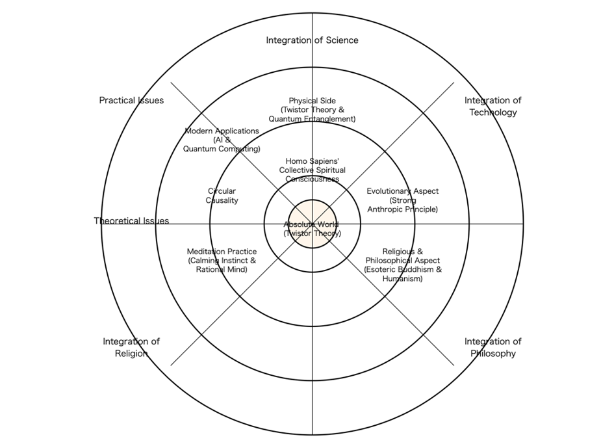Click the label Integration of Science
(x=312, y=40)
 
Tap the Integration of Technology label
(x=492, y=106)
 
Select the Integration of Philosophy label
(x=492, y=347)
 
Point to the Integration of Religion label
(x=131, y=347)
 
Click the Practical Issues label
(x=131, y=100)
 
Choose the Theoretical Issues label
(x=131, y=221)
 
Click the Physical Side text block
(x=312, y=110)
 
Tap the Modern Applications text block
(x=222, y=140)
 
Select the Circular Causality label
(x=222, y=196)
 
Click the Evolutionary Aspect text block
(x=402, y=200)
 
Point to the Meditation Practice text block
(x=222, y=260)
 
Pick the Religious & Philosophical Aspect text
(x=402, y=265)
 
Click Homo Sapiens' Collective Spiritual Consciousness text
(x=312, y=170)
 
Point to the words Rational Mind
(x=222, y=269)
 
